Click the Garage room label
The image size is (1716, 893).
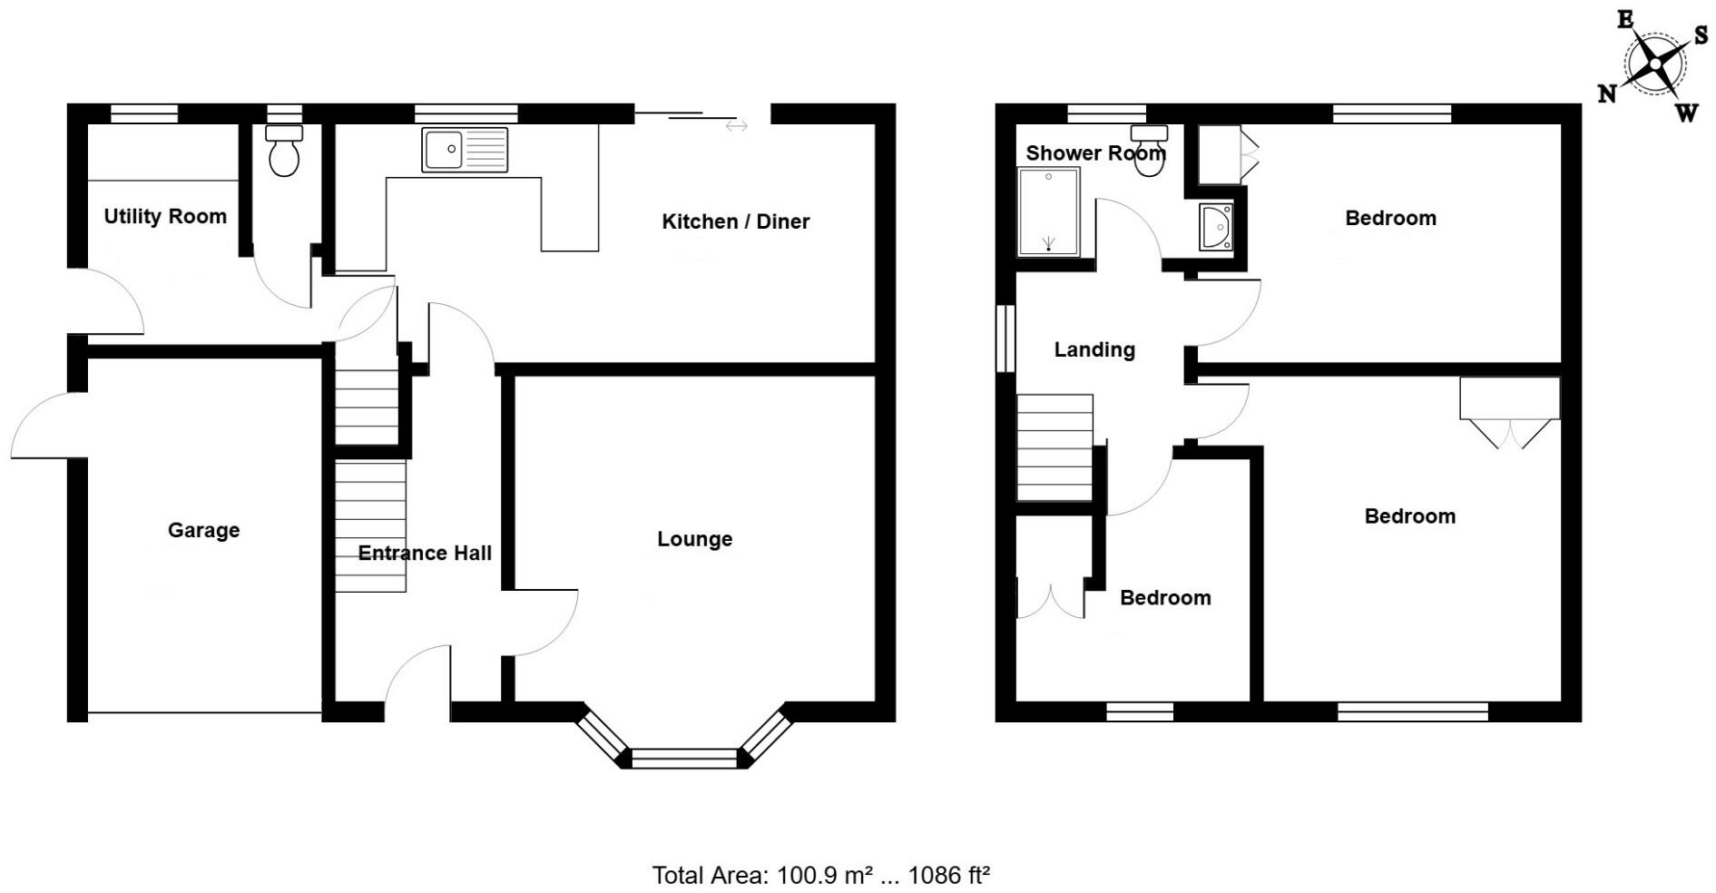[203, 530]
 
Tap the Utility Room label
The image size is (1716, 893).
[165, 216]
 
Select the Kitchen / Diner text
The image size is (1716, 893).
[735, 221]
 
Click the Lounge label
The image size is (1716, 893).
[694, 539]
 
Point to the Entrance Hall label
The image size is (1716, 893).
[425, 553]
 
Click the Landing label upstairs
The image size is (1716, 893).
[1094, 349]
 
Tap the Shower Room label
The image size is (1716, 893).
[1094, 153]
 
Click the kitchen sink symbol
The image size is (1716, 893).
[465, 150]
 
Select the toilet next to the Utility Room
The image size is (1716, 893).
[284, 152]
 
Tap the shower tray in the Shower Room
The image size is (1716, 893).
[1049, 211]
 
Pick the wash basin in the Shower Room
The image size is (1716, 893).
[1216, 227]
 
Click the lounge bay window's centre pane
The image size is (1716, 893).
[684, 758]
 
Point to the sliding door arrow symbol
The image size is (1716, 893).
[736, 126]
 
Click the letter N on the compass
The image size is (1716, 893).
[1607, 93]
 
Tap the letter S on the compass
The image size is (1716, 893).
[1701, 34]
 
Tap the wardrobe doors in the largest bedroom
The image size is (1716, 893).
[1510, 434]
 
